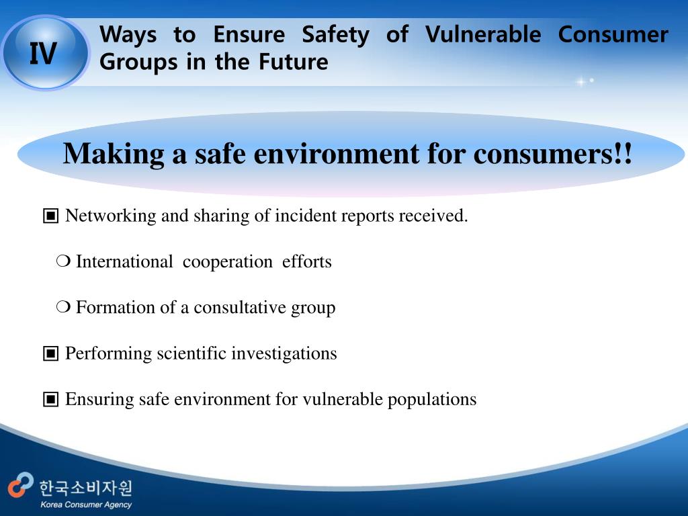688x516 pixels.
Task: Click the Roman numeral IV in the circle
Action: [43, 54]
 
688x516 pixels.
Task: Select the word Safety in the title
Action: [335, 35]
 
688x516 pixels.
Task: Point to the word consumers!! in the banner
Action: [553, 155]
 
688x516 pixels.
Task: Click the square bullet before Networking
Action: [50, 216]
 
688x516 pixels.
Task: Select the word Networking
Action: [111, 216]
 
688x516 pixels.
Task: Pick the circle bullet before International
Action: [63, 262]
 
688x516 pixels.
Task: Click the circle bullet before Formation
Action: [63, 308]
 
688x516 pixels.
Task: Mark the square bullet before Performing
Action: [50, 353]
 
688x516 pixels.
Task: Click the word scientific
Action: [191, 353]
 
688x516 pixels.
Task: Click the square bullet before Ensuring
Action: [50, 399]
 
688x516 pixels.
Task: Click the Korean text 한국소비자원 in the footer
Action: [86, 487]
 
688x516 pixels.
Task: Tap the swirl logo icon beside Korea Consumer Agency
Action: [21, 485]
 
